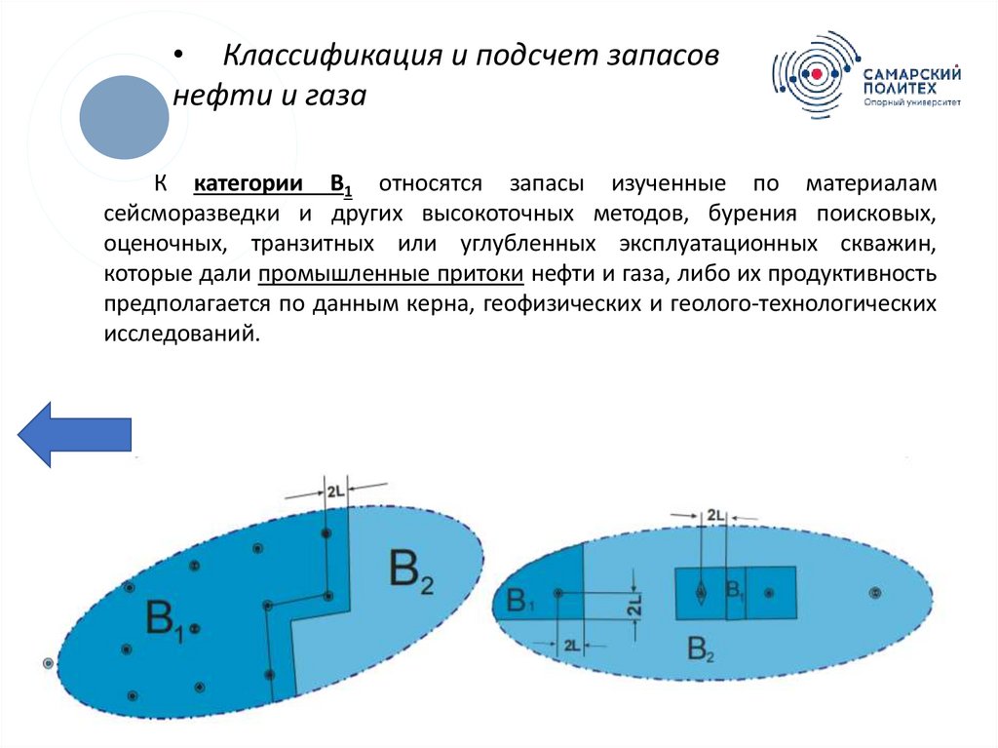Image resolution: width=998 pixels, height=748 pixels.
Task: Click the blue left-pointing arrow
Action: click(75, 432)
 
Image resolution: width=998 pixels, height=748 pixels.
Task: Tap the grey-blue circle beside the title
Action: click(124, 117)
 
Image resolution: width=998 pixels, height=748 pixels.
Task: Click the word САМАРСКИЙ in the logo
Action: click(911, 73)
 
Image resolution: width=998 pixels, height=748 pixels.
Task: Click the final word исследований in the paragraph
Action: click(181, 334)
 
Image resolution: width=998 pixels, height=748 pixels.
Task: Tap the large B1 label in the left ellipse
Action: click(165, 620)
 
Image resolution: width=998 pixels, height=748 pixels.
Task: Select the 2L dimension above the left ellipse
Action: click(334, 492)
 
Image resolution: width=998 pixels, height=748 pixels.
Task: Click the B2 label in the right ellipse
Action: click(701, 648)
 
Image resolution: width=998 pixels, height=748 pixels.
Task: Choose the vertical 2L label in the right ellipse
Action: click(634, 607)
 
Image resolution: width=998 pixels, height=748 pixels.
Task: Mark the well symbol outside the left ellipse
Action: click(48, 663)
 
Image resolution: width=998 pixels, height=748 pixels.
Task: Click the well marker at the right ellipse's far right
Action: click(874, 593)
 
